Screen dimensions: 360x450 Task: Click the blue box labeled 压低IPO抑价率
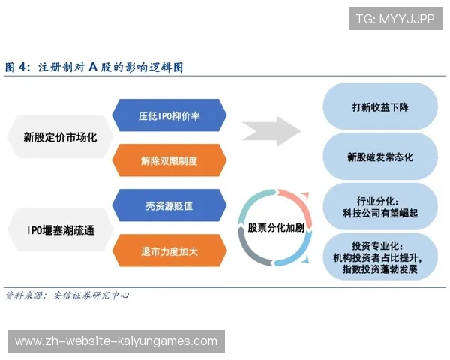(169, 117)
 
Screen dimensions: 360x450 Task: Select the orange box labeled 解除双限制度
(169, 160)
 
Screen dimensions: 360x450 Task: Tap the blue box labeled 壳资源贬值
(169, 205)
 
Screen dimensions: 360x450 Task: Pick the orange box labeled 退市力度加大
(169, 249)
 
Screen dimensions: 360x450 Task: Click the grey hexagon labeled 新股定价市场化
(59, 138)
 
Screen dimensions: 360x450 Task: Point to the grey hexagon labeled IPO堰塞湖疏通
(59, 228)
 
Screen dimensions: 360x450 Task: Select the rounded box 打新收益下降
(380, 106)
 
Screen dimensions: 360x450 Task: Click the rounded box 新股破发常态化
(380, 157)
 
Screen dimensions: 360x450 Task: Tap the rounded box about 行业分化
(380, 207)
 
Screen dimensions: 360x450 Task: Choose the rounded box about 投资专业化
(380, 257)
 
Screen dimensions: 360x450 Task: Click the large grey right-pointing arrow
(272, 130)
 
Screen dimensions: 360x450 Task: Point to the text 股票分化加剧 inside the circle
(271, 228)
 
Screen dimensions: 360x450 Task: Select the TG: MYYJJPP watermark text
(394, 19)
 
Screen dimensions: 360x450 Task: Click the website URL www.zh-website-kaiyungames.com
(116, 341)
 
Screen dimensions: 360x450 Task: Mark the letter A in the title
(92, 67)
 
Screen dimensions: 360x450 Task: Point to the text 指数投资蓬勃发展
(379, 268)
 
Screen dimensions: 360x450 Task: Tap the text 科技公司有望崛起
(379, 214)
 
